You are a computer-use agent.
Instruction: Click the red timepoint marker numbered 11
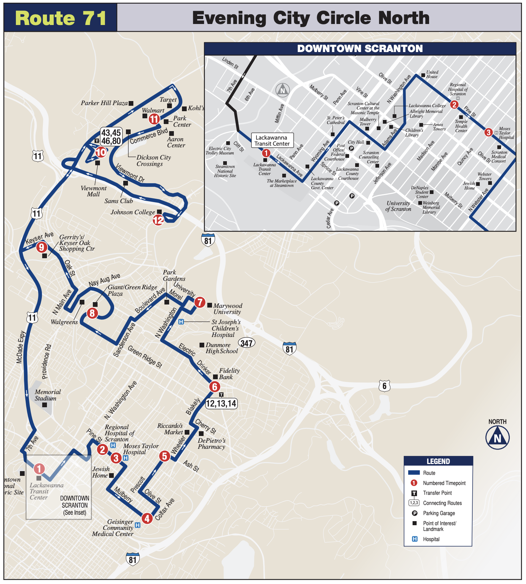click(x=154, y=119)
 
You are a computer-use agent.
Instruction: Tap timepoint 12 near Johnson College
click(x=158, y=220)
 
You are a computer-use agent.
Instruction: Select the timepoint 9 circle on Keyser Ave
click(x=42, y=247)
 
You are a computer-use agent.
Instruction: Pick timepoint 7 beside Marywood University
click(x=200, y=302)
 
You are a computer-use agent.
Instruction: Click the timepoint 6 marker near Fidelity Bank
click(x=214, y=387)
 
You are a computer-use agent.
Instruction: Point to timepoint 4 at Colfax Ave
click(x=147, y=518)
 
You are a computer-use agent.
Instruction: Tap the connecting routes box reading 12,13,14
click(x=221, y=403)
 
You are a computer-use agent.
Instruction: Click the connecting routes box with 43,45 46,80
click(x=111, y=137)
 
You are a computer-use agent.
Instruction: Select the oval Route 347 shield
click(x=246, y=343)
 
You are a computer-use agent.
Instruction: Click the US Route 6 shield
click(x=384, y=386)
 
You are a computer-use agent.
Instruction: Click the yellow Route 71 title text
click(x=61, y=18)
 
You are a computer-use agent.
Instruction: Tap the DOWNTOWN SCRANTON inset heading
click(x=360, y=49)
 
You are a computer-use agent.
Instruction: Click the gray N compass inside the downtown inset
click(x=283, y=90)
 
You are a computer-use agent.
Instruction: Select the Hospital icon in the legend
click(x=415, y=539)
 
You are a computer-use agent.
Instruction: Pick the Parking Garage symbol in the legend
click(x=415, y=513)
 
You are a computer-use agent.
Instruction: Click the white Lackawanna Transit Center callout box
click(x=272, y=141)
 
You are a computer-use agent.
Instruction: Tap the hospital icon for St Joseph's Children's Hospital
click(x=181, y=322)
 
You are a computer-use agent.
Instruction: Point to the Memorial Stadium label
click(x=48, y=395)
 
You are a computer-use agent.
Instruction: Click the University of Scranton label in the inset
click(x=398, y=206)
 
